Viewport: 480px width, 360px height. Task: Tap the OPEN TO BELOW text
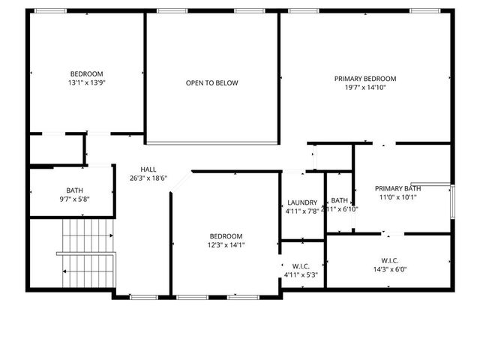pyautogui.click(x=212, y=82)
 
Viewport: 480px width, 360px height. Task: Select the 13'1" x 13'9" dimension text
pyautogui.click(x=86, y=82)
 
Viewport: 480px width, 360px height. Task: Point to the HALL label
pyautogui.click(x=148, y=169)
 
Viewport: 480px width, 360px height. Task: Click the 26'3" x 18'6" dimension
pyautogui.click(x=148, y=178)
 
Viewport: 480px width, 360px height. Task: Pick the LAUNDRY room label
pyautogui.click(x=302, y=202)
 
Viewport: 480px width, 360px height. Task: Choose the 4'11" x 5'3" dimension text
pyautogui.click(x=301, y=274)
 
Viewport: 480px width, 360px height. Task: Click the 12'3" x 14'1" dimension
pyautogui.click(x=226, y=244)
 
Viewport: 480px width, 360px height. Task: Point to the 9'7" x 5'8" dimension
pyautogui.click(x=74, y=199)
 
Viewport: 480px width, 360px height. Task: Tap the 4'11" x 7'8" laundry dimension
pyautogui.click(x=302, y=211)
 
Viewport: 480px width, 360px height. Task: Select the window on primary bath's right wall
pyautogui.click(x=452, y=200)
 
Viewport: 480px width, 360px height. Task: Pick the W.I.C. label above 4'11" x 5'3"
pyautogui.click(x=301, y=265)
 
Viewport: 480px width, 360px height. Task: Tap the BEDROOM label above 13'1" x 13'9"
pyautogui.click(x=86, y=73)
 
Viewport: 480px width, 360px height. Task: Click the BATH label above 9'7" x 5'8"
pyautogui.click(x=74, y=190)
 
